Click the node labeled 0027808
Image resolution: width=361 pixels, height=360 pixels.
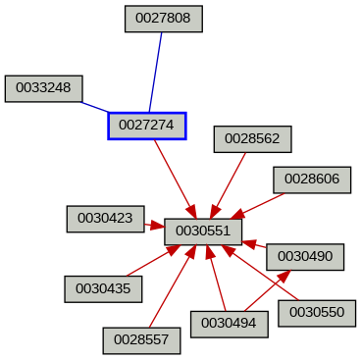click(x=164, y=19)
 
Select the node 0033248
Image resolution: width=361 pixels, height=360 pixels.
click(x=44, y=88)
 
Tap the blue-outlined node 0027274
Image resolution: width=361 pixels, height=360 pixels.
click(x=146, y=126)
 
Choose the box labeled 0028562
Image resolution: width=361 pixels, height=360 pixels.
click(x=252, y=139)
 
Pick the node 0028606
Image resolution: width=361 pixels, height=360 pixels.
click(x=312, y=180)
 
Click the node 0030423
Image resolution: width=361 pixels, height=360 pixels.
click(x=105, y=219)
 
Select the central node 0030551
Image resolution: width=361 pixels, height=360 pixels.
click(x=203, y=231)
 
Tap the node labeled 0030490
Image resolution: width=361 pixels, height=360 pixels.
click(x=305, y=255)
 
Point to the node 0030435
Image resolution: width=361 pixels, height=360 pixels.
click(x=103, y=288)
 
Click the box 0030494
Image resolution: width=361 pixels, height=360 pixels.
click(x=229, y=323)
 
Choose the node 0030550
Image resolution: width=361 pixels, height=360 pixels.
click(x=316, y=313)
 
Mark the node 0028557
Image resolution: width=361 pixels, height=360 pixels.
click(x=141, y=339)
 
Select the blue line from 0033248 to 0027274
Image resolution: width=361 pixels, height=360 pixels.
click(x=95, y=104)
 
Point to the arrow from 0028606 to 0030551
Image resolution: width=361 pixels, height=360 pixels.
click(x=257, y=204)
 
